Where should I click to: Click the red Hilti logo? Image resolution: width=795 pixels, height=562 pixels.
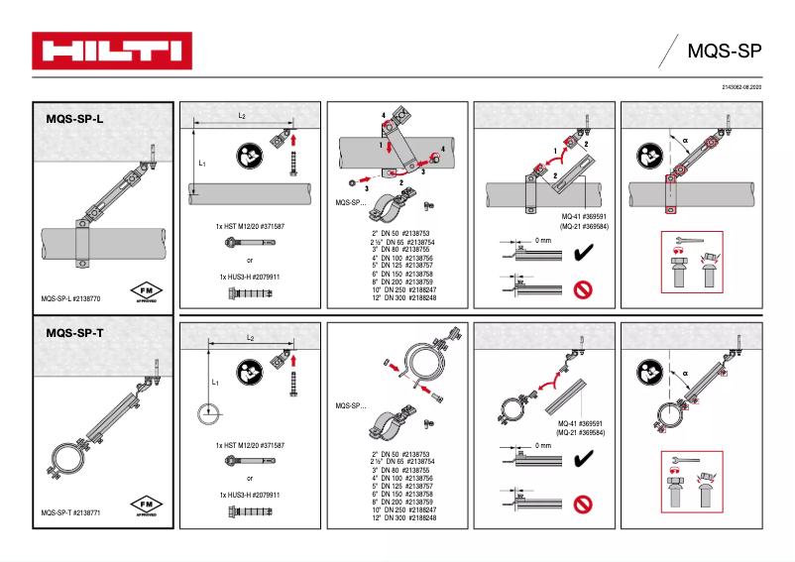(x=111, y=50)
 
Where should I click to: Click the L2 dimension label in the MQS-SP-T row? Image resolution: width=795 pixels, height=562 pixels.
(x=251, y=338)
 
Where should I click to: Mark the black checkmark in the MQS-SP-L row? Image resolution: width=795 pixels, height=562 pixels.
(x=584, y=256)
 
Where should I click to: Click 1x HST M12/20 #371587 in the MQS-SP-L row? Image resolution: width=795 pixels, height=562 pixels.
(x=251, y=227)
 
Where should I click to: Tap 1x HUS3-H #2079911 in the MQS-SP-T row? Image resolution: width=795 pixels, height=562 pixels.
(x=250, y=495)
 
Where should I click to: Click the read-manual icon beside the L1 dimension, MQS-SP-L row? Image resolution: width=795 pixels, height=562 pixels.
(x=250, y=157)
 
